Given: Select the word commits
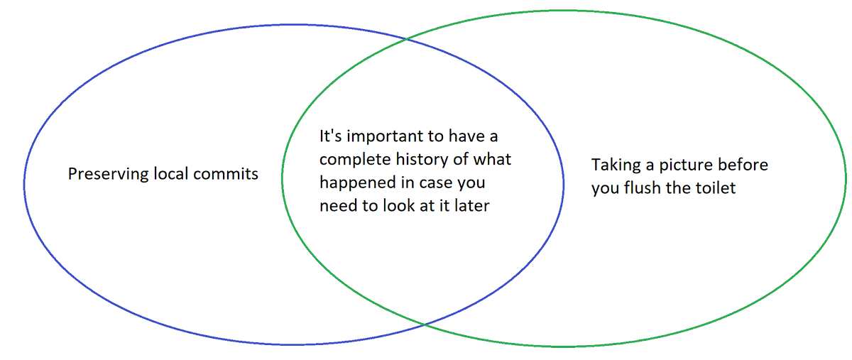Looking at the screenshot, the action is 226,174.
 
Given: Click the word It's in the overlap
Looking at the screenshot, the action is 329,135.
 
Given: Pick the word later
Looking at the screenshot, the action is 471,207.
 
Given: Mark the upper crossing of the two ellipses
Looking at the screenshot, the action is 407,39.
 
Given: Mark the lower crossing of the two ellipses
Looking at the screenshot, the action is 424,324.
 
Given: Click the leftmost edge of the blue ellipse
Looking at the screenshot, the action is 24,185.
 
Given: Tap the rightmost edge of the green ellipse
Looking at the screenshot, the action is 846,178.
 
